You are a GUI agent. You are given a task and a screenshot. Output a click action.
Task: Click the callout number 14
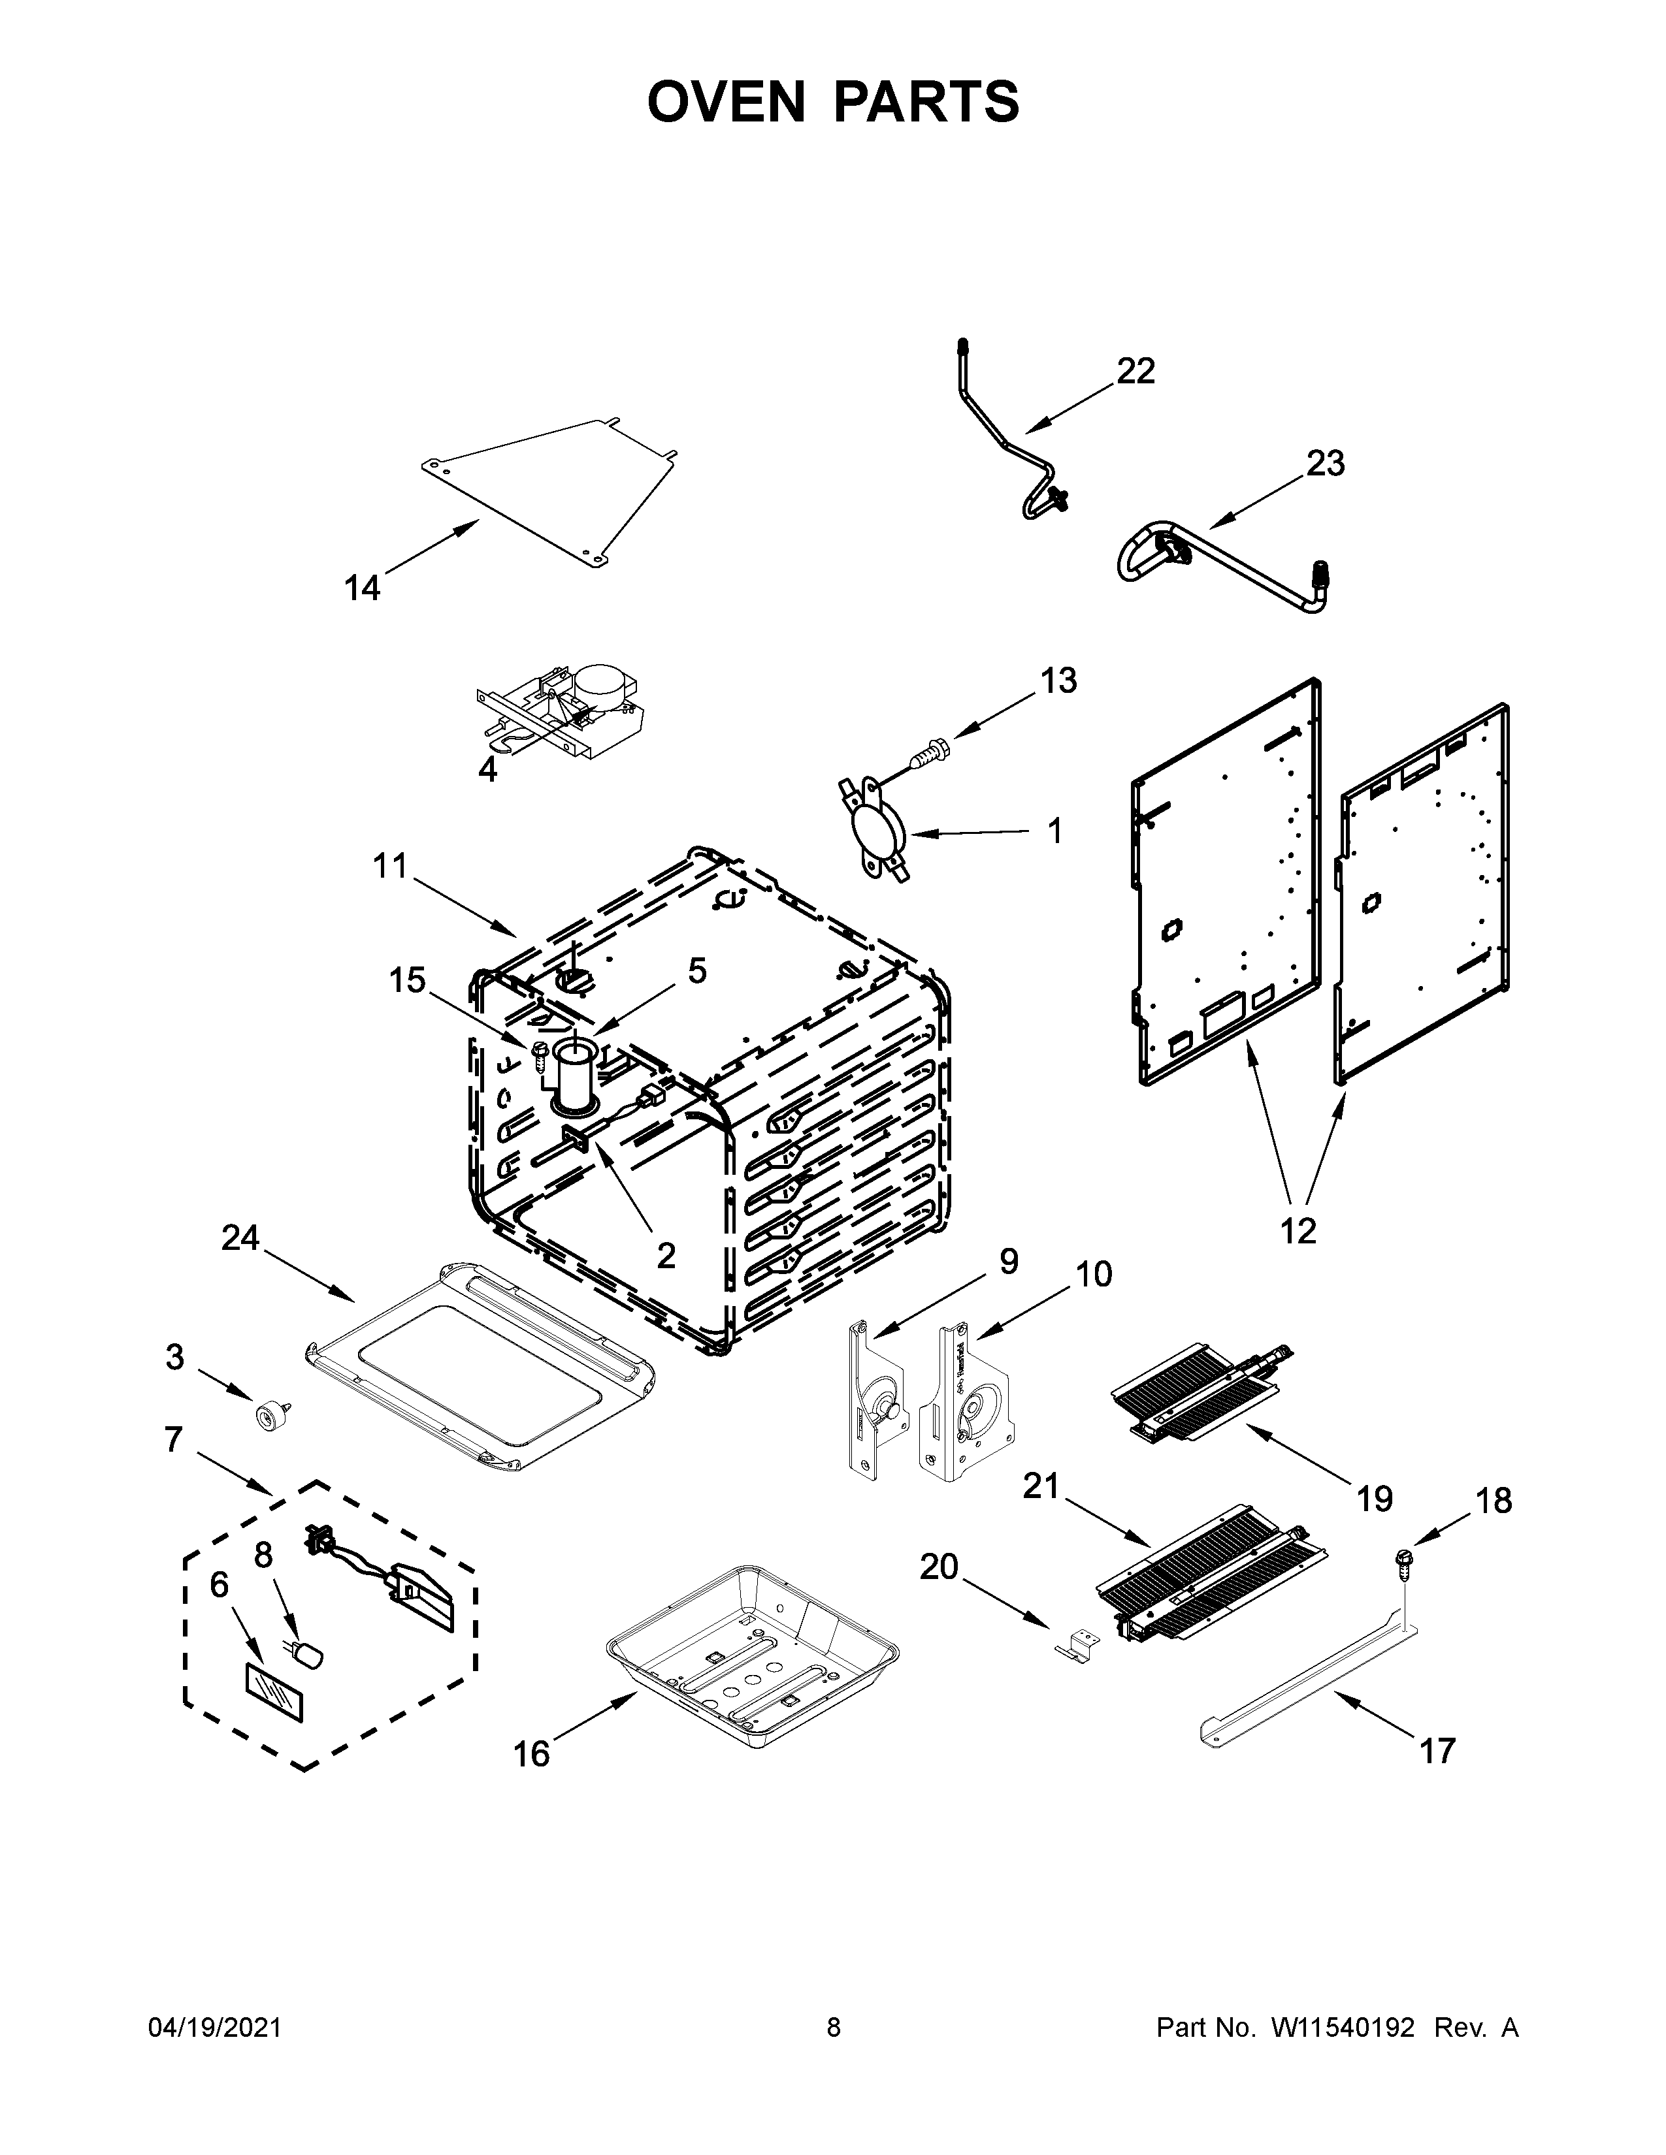point(361,588)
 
